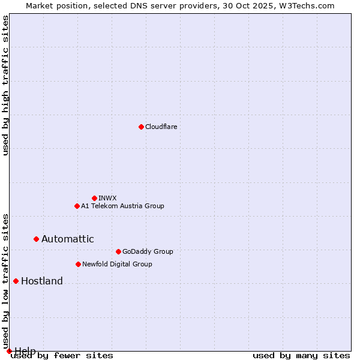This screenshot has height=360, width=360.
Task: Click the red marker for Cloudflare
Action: pos(141,127)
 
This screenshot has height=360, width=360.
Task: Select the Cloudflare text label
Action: pos(161,127)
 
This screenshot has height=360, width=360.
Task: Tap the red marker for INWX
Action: pos(94,198)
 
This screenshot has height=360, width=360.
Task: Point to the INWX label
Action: pos(107,198)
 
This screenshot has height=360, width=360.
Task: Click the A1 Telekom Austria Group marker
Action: pos(77,206)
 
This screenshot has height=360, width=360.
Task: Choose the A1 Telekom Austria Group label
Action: pos(122,206)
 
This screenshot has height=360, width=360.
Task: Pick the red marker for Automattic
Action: pos(36,239)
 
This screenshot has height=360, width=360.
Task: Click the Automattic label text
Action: pos(67,239)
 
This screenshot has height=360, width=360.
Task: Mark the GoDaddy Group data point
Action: pos(118,251)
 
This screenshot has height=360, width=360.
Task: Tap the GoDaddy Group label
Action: pos(147,251)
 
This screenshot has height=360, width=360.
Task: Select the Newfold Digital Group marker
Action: pos(78,264)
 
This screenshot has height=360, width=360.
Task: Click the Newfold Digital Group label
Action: pos(117,264)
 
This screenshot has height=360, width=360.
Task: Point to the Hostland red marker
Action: pos(16,281)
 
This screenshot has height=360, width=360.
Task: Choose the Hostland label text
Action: pos(41,281)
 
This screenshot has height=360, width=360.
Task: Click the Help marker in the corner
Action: pos(9,351)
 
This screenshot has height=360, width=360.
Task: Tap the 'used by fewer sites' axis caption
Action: pos(62,355)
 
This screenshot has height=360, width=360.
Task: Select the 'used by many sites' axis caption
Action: pos(301,355)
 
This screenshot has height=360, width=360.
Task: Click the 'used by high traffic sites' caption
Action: pos(5,85)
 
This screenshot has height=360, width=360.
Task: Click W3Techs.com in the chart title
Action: pos(310,5)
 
